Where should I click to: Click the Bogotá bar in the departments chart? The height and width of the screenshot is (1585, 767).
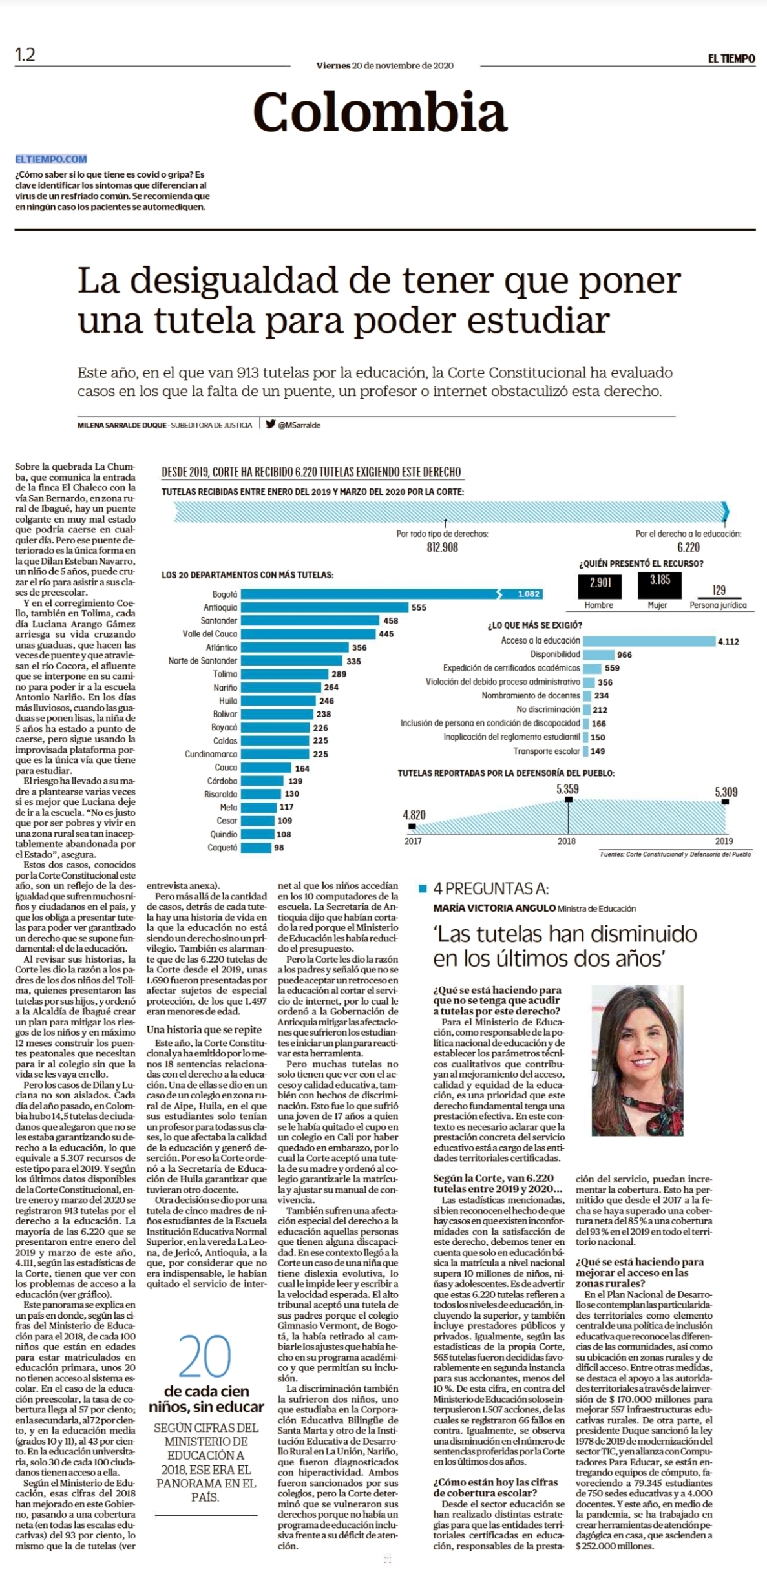(x=392, y=594)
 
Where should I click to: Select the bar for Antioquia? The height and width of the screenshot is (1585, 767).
(x=325, y=607)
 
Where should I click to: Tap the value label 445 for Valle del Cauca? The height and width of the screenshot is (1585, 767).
(x=386, y=634)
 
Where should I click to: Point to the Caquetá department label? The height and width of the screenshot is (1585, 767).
(x=222, y=847)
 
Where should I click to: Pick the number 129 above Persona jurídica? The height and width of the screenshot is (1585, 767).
(x=719, y=590)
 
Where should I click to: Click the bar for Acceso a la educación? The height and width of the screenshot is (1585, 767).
(x=648, y=641)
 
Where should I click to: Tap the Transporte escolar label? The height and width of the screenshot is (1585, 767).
(x=547, y=751)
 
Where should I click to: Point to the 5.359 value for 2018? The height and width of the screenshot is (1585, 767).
(x=567, y=789)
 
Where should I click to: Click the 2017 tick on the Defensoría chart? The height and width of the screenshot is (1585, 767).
(x=413, y=841)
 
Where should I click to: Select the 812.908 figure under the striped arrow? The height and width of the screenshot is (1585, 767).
(x=442, y=547)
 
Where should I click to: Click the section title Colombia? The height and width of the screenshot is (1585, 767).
(x=380, y=111)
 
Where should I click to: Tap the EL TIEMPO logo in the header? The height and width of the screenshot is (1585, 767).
(x=731, y=58)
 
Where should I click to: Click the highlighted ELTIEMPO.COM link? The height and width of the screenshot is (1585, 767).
(x=51, y=159)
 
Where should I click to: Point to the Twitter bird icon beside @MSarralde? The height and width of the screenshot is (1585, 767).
(x=271, y=425)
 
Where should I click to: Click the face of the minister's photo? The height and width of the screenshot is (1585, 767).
(x=635, y=1051)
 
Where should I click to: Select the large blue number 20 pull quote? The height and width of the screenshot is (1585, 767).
(x=205, y=1356)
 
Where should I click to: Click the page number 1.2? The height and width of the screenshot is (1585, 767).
(x=25, y=55)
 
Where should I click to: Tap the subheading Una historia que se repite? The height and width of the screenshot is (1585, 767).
(x=204, y=1029)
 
